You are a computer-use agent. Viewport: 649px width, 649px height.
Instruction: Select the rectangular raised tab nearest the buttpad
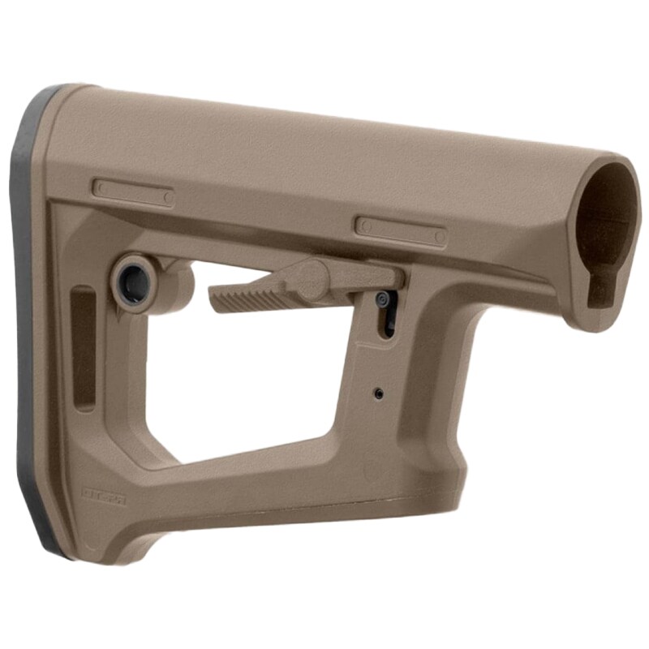coord(133,193)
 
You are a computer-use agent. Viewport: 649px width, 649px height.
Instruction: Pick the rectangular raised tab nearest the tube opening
coord(401,230)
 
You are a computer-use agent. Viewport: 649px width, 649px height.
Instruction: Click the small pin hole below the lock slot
coord(379,393)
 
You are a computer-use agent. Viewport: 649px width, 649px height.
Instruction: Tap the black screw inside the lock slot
coord(383,301)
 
